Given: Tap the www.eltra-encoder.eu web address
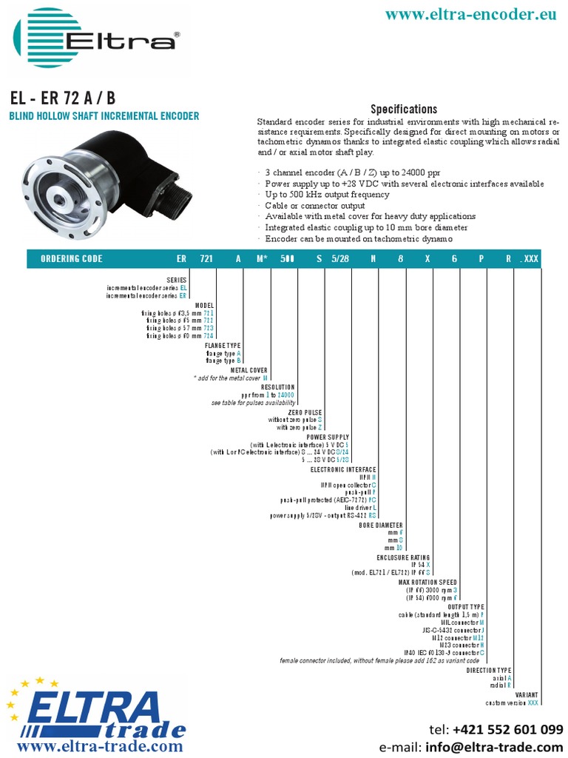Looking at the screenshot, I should pos(472,14).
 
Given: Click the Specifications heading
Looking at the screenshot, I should pos(404,109).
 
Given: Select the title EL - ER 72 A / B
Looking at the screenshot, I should pos(62,99).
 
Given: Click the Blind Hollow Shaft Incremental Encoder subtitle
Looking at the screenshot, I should pos(104,116).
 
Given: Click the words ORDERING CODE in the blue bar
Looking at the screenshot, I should pos(71,259).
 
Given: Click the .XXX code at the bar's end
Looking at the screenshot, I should pos(530,259).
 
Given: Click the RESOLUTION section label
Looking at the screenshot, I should pos(278,387).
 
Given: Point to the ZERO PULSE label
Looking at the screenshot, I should pos(305,412).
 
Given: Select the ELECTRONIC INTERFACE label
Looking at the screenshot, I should pos(343,469).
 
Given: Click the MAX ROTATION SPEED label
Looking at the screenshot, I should pos(428,582).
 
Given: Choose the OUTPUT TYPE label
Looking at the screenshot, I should pos(466,607).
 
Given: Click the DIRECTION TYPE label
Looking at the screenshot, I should pos(489,670).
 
